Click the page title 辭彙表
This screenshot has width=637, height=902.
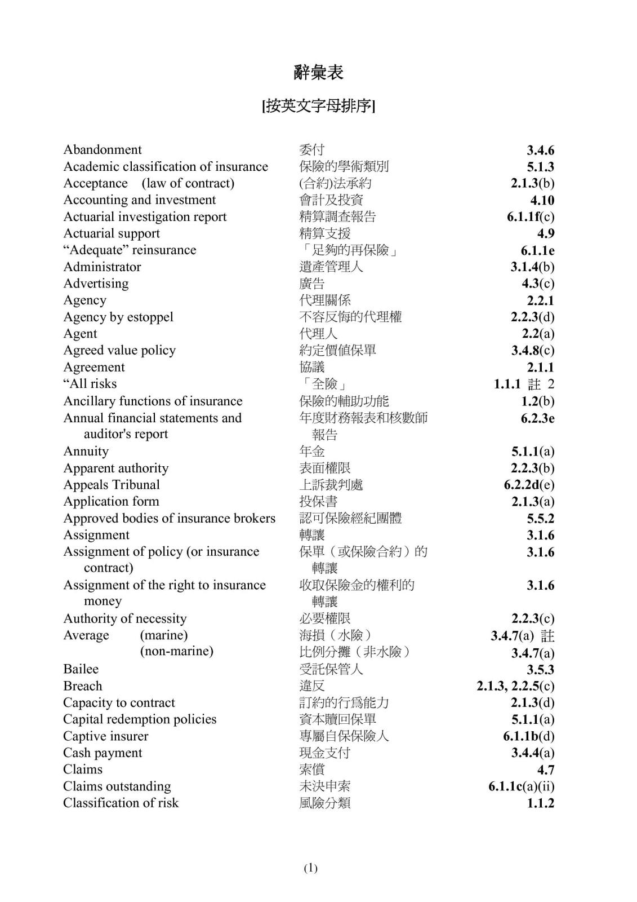318,72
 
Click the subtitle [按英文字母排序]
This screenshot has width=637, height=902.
318,106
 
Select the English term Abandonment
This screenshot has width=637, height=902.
103,150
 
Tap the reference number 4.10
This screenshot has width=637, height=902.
542,200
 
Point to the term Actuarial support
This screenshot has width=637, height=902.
112,233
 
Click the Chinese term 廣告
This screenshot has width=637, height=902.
312,284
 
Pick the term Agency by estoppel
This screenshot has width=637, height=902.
118,317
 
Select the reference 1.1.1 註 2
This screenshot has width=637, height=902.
524,384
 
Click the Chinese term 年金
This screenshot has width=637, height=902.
312,452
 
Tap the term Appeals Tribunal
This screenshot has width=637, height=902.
112,485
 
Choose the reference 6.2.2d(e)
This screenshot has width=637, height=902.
529,485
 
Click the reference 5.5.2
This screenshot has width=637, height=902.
540,519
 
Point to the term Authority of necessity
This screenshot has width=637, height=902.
124,619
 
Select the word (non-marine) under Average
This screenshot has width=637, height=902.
177,652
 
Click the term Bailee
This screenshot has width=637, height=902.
81,669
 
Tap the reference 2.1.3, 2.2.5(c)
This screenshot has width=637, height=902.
515,686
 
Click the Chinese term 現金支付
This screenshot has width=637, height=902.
325,753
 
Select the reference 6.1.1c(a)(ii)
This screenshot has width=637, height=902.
521,786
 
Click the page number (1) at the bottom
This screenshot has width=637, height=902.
311,868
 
